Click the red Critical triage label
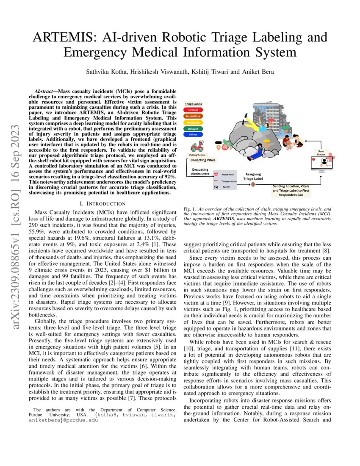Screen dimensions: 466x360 coord(193,109)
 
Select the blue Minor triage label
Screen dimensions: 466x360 coord(193,134)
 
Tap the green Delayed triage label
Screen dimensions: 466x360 coord(193,128)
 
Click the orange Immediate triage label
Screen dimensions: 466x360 coord(193,116)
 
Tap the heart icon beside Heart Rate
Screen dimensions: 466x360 coord(216,174)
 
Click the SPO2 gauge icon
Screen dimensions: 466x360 coord(216,187)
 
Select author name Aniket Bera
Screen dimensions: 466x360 coord(255,72)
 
